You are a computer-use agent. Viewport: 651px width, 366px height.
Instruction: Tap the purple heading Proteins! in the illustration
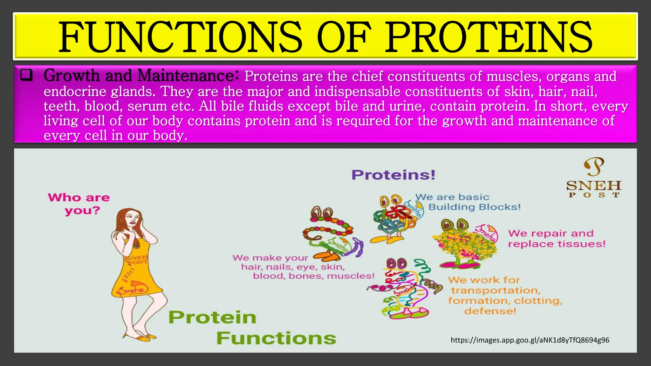coord(393,175)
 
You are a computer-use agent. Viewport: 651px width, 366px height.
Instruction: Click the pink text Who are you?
coord(79,204)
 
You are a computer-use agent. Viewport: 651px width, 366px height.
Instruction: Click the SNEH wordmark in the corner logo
coord(593,186)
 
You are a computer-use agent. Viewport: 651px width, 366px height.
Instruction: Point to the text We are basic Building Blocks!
coord(468,202)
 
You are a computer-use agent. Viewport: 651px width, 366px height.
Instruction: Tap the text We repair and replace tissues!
coord(556,238)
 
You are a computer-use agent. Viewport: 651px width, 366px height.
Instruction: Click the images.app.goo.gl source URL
coord(530,340)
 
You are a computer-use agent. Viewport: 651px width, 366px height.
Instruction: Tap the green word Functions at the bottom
coord(276,338)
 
